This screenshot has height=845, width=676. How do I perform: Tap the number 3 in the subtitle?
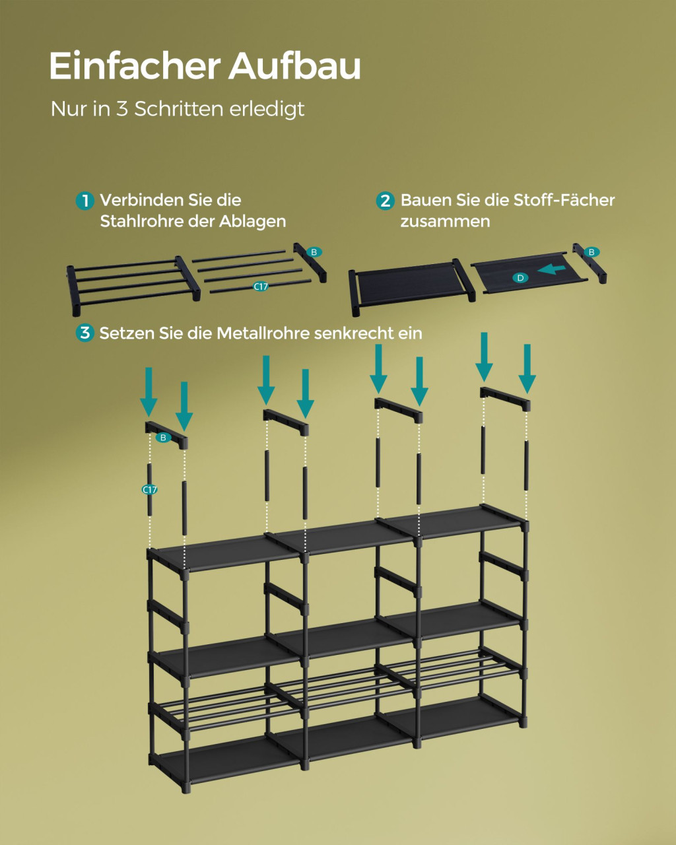pyautogui.click(x=122, y=109)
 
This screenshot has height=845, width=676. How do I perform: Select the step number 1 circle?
pyautogui.click(x=85, y=201)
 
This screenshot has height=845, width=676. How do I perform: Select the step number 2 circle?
pyautogui.click(x=385, y=201)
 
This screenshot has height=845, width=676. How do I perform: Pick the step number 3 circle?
pyautogui.click(x=85, y=333)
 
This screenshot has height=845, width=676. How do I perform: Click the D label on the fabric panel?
pyautogui.click(x=520, y=278)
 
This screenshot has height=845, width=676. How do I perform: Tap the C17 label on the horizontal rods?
pyautogui.click(x=261, y=287)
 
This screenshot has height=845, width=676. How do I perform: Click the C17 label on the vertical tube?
pyautogui.click(x=150, y=490)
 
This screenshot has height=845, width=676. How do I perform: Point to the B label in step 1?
pyautogui.click(x=314, y=252)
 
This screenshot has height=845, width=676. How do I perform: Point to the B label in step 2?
pyautogui.click(x=592, y=252)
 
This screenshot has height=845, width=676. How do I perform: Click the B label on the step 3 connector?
pyautogui.click(x=164, y=438)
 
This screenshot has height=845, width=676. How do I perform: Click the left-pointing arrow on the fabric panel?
pyautogui.click(x=551, y=270)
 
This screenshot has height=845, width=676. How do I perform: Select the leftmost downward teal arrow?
pyautogui.click(x=149, y=392)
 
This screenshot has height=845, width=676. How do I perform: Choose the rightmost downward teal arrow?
pyautogui.click(x=527, y=369)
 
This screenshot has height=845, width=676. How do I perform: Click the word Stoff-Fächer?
pyautogui.click(x=564, y=200)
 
